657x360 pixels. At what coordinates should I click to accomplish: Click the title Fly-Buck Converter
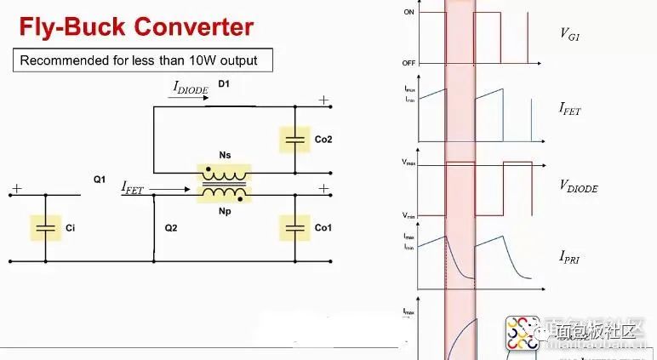coord(136,26)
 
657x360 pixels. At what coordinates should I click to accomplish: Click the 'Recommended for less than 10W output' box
coord(139,61)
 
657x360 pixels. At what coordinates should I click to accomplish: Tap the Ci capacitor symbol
coord(48,227)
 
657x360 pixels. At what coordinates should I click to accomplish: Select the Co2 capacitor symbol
coord(295,138)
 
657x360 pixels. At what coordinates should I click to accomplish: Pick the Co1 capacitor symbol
coord(295,227)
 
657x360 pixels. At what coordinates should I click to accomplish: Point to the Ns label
coord(225,155)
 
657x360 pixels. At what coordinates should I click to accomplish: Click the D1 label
coord(224,83)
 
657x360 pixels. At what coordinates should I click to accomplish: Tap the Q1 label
coord(99,180)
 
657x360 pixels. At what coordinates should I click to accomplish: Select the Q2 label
coord(170,228)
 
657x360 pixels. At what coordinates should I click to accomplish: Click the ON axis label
coord(409,12)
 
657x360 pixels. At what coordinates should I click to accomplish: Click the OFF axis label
coord(408,64)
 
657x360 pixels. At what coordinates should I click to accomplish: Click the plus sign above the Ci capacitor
coord(17,189)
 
